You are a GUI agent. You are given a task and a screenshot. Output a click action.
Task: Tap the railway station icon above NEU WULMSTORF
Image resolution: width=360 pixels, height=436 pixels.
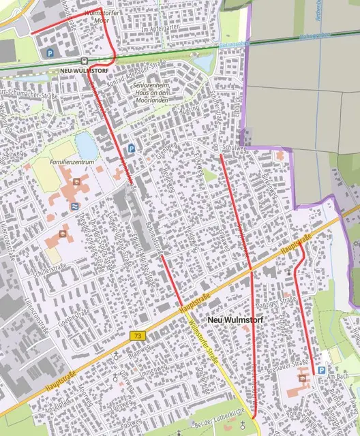point(83,59)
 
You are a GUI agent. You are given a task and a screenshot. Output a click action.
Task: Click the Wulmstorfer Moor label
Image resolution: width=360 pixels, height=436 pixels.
point(100,16)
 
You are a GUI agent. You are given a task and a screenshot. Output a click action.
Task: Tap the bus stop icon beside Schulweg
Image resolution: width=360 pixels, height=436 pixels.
point(215,147)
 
